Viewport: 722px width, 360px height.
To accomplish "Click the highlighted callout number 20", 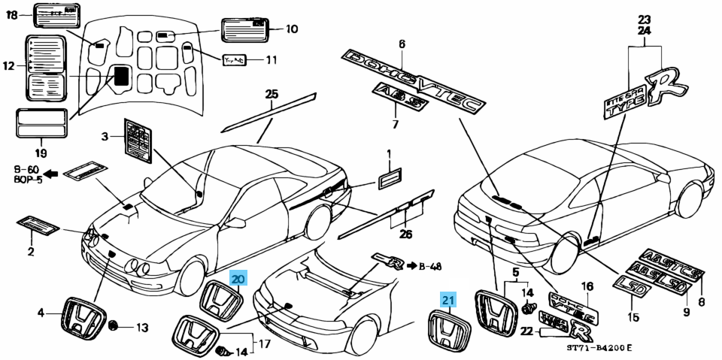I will pyautogui.click(x=238, y=280).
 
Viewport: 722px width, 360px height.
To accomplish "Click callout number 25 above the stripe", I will pyautogui.click(x=272, y=95).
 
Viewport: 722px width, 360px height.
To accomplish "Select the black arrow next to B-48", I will pyautogui.click(x=411, y=265).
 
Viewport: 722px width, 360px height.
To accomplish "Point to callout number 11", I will pyautogui.click(x=272, y=59).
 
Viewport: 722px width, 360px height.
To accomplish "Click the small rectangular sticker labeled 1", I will pyautogui.click(x=389, y=180).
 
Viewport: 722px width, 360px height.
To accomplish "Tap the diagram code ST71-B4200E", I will pyautogui.click(x=599, y=347).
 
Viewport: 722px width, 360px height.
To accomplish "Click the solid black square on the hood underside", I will pyautogui.click(x=121, y=75).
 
